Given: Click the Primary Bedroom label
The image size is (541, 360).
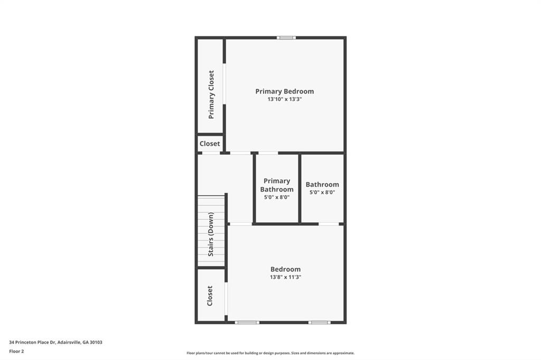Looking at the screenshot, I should tap(284, 91).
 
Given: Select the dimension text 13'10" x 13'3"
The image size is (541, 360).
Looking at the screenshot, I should tap(284, 99).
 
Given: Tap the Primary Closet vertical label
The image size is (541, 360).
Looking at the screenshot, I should tap(211, 94).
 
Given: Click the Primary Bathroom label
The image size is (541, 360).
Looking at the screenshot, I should tap(277, 185).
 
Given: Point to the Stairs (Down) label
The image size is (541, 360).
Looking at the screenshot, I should tap(211, 234).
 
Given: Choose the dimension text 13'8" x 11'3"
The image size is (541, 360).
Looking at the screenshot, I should tap(285, 277).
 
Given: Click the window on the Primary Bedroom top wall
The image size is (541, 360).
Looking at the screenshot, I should tap(286, 37).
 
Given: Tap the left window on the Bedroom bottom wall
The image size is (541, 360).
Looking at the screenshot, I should tap(247, 322).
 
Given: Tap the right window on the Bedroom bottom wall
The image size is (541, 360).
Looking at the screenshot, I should tap(319, 322).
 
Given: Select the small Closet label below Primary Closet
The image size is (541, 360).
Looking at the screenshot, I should tap(210, 144).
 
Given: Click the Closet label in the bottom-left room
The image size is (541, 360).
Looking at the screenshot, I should tap(210, 296).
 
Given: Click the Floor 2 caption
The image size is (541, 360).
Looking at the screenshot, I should tap(16, 350).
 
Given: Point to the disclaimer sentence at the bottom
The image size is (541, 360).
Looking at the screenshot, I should tap(270, 353).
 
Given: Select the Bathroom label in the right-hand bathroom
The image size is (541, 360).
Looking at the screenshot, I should tap(322, 185).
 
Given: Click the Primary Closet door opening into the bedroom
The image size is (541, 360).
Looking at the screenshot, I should tap(225, 84).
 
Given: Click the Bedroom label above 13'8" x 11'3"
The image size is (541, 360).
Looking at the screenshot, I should tap(285, 269).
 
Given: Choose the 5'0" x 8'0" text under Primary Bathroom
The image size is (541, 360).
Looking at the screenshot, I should tap(277, 197).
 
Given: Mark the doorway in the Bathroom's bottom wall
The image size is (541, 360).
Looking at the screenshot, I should tap(329, 224).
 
